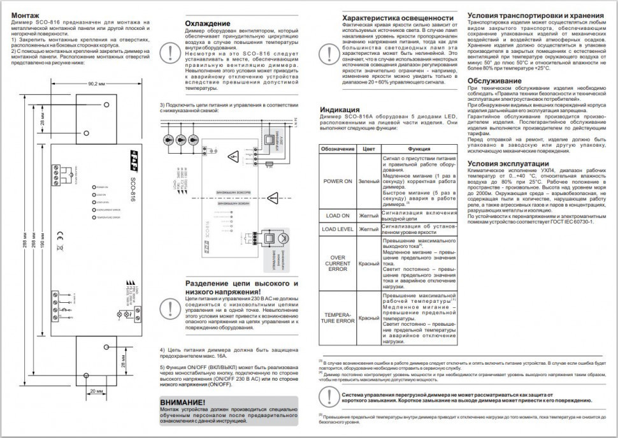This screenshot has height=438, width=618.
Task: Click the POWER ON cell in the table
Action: (338, 181)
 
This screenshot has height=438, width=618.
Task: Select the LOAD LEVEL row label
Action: (338, 228)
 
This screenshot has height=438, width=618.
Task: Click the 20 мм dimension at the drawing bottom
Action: (96, 390)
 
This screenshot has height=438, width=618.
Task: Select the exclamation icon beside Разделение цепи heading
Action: (168, 307)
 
